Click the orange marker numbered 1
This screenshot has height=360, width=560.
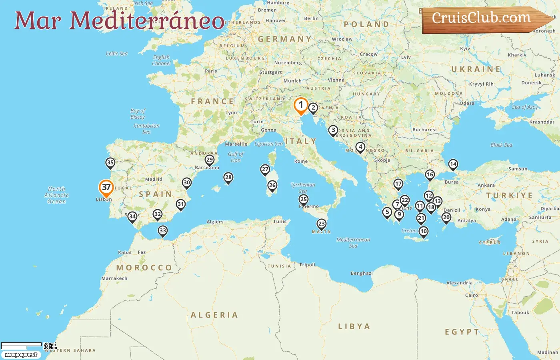(301, 105)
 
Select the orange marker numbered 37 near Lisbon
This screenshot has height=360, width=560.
(106, 187)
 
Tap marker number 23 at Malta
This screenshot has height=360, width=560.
(322, 224)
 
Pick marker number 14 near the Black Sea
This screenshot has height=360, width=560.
(453, 164)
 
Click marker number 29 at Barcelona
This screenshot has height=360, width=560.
(210, 160)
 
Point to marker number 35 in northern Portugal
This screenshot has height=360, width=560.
(110, 162)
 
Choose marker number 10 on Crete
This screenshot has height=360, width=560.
(423, 231)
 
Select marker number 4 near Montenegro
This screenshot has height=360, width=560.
(360, 147)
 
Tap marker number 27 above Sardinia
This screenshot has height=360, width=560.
(265, 169)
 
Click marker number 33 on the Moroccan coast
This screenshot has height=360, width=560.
(162, 230)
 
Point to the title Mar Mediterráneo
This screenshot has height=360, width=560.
(119, 20)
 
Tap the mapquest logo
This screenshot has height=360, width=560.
(21, 355)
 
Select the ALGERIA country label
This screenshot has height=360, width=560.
(214, 315)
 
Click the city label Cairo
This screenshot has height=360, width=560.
(472, 295)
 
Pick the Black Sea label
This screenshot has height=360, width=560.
(501, 145)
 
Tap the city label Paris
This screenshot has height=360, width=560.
(211, 71)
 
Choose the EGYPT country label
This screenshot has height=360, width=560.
(462, 332)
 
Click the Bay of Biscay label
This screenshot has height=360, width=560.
(138, 114)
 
